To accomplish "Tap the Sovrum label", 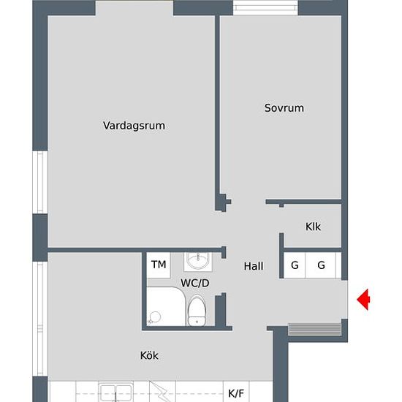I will click(284, 108).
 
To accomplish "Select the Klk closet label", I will click(313, 227).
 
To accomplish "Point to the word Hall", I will click(254, 267).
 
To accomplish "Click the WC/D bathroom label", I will click(195, 283).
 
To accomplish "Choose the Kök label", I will click(149, 356).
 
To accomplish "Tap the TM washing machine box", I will click(158, 265).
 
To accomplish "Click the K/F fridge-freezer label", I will click(236, 393).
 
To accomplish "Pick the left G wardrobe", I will click(295, 265).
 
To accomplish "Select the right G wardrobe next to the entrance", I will click(321, 265).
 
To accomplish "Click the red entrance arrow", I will click(363, 300).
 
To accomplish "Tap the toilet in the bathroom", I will click(197, 310).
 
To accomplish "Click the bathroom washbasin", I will click(196, 260).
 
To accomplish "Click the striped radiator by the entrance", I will click(315, 329).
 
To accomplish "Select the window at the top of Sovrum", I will click(266, 8).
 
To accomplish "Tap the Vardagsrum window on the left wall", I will click(41, 181).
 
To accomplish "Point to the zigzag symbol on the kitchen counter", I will click(156, 389).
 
